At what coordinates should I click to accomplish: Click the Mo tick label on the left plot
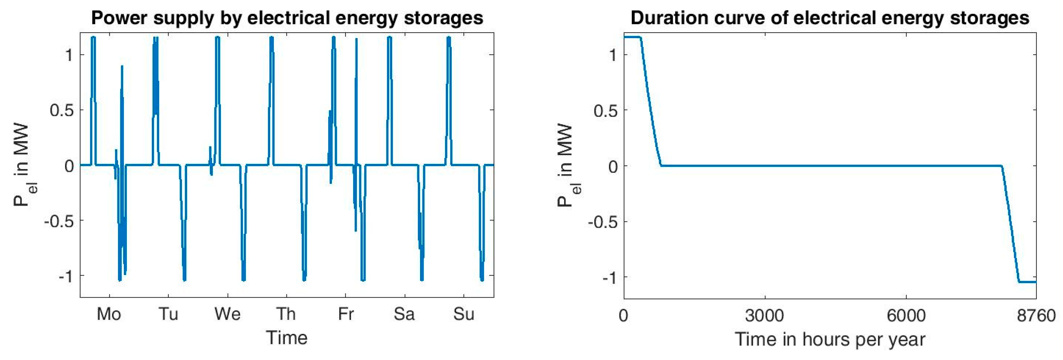108,315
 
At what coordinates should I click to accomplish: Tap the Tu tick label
168,315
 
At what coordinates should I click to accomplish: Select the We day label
227,315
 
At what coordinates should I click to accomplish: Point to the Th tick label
286,315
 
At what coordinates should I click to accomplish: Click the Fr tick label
345,315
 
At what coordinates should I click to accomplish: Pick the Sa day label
404,315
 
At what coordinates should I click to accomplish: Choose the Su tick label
463,315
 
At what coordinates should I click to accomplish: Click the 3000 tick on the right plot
764,316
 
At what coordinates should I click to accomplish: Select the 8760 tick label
1036,316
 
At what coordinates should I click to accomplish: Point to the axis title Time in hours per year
830,340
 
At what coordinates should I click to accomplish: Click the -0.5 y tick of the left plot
59,221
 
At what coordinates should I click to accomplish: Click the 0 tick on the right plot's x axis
624,316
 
